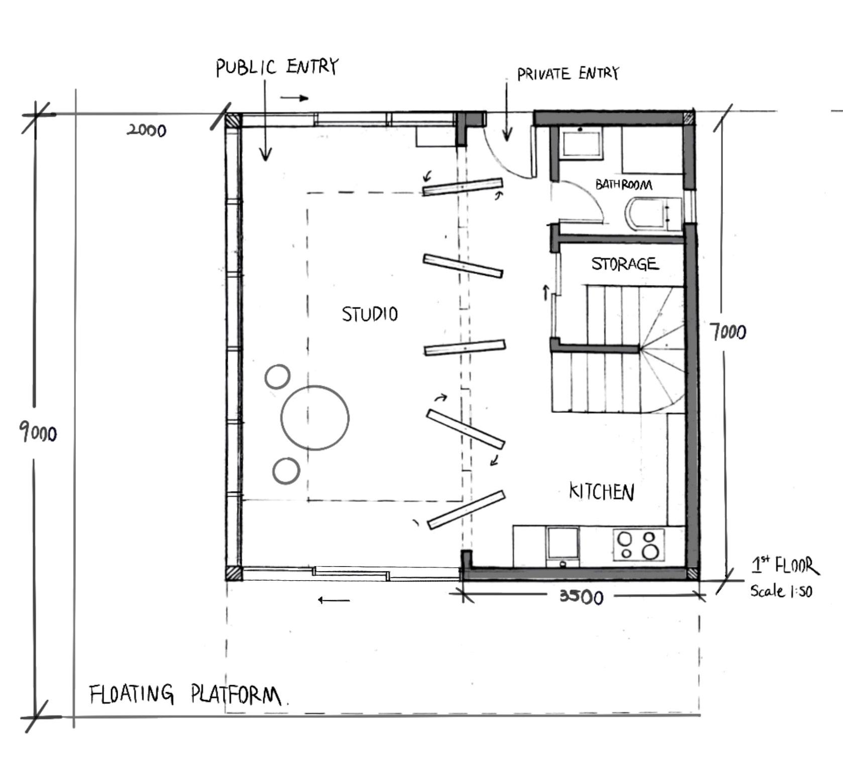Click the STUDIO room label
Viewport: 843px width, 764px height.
[x=370, y=314]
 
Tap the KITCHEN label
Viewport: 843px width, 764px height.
[x=601, y=491]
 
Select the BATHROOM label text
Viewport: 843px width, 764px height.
[x=623, y=185]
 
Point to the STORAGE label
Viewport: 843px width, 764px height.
[x=624, y=264]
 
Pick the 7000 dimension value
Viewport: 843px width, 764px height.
[x=728, y=332]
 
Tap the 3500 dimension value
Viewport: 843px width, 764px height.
[x=581, y=596]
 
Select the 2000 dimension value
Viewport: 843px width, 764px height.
[x=146, y=131]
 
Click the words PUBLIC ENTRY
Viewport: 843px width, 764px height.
[x=277, y=67]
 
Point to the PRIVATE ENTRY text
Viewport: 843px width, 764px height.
[x=568, y=74]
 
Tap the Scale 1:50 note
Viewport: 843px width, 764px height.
[x=781, y=591]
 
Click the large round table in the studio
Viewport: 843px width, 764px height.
[x=315, y=417]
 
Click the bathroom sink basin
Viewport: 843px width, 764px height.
[x=582, y=144]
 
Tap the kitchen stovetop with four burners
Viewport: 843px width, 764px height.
[x=639, y=545]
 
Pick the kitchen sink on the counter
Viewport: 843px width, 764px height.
[x=563, y=545]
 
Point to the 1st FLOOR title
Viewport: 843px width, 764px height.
[x=785, y=566]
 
